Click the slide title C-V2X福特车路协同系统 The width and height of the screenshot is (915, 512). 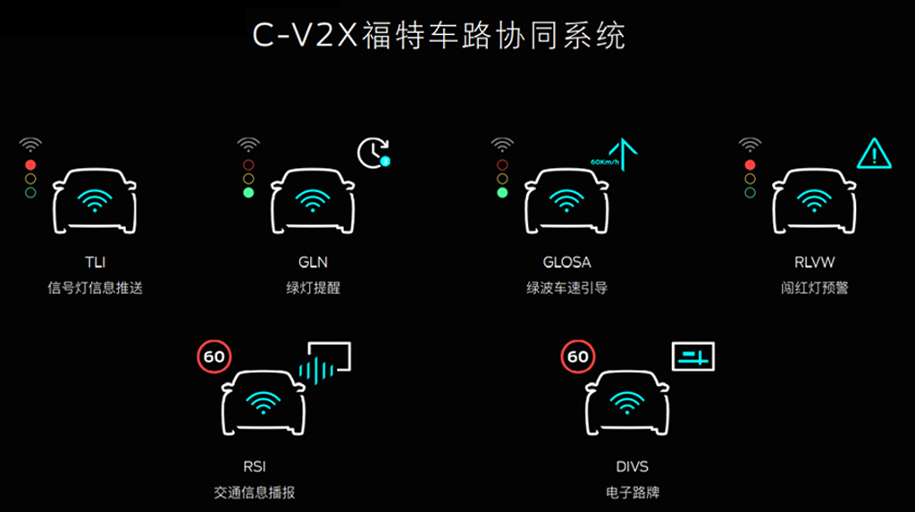click(x=439, y=35)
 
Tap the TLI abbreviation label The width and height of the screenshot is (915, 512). click(x=95, y=262)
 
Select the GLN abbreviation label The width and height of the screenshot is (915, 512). click(x=313, y=262)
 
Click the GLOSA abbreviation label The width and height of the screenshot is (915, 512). click(x=567, y=262)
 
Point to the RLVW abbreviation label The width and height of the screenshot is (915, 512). click(x=815, y=262)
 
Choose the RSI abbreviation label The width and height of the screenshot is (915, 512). click(x=255, y=466)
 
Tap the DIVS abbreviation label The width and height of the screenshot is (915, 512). click(x=632, y=466)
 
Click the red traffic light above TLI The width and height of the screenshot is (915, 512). click(x=30, y=165)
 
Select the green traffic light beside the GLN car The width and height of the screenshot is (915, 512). click(x=248, y=193)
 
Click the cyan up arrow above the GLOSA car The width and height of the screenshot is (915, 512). click(x=623, y=154)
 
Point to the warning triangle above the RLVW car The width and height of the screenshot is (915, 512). click(x=874, y=154)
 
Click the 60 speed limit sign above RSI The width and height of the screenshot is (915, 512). click(x=214, y=357)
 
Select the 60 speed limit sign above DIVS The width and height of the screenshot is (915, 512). click(x=578, y=357)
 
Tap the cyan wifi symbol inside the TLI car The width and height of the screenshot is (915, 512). click(x=95, y=200)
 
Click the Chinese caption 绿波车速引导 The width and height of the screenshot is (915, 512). click(x=567, y=288)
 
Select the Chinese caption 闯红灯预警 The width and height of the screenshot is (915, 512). click(x=815, y=288)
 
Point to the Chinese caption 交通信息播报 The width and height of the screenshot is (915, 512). click(x=255, y=492)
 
